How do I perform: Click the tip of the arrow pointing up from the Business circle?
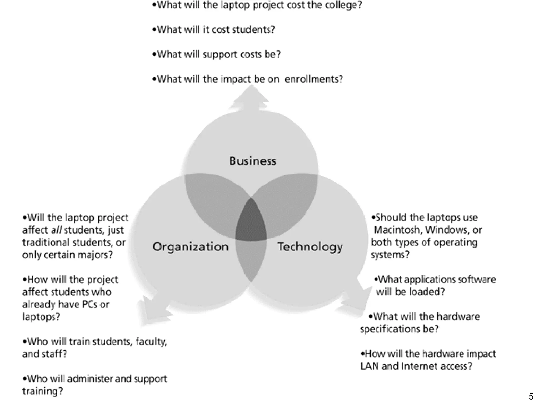point(252,85)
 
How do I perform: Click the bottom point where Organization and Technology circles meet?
point(251,282)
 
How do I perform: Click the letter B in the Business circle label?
point(232,161)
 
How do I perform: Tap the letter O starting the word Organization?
point(157,247)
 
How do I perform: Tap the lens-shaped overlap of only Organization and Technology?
point(251,259)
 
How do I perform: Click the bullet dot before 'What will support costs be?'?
point(154,54)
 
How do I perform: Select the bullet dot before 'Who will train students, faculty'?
point(24,342)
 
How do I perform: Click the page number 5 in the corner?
point(531,396)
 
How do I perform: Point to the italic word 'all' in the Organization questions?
point(56,230)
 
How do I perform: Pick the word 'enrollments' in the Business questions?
point(314,79)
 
